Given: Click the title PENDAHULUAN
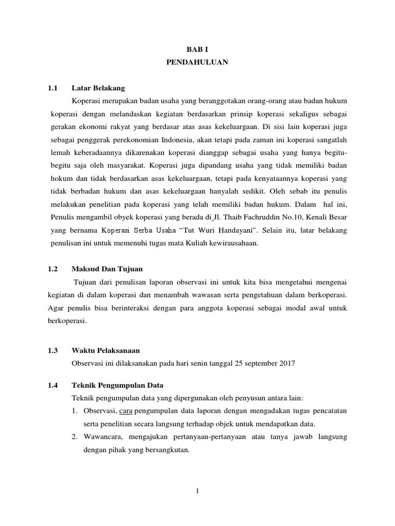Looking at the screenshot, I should (197, 62).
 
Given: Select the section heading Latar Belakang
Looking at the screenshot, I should (98, 88).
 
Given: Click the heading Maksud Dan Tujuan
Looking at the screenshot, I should (107, 269).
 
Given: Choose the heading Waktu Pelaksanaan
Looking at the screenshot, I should (106, 351).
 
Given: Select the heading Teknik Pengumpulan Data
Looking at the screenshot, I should (118, 385).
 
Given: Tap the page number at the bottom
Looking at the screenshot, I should (197, 491).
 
